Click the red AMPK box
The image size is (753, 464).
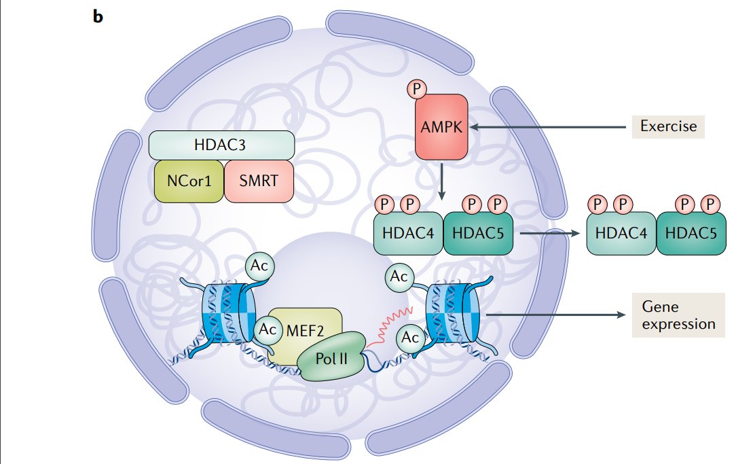click(x=442, y=125)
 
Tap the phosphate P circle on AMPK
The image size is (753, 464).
click(x=416, y=89)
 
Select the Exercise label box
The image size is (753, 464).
click(x=668, y=126)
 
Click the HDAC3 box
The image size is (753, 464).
click(x=221, y=145)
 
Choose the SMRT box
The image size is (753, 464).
click(x=259, y=181)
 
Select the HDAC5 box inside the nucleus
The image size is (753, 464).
click(x=477, y=232)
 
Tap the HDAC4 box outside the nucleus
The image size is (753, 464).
click(x=620, y=232)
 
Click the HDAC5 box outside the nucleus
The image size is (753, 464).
click(x=691, y=232)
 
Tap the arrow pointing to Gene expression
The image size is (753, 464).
click(x=557, y=315)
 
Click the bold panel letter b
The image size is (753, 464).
click(x=98, y=17)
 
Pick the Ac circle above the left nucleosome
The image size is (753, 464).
click(x=259, y=266)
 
